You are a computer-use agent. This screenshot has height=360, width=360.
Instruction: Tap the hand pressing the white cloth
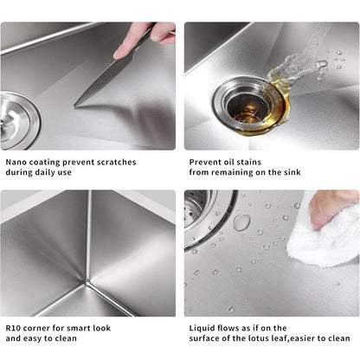point(333,206)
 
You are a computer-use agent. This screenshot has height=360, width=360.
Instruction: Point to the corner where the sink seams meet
point(88,282)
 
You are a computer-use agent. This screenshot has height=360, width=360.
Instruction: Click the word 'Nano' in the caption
point(17,161)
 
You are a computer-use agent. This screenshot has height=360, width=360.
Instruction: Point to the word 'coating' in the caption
point(52,161)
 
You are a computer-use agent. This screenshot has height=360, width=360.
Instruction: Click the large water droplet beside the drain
point(241,223)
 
